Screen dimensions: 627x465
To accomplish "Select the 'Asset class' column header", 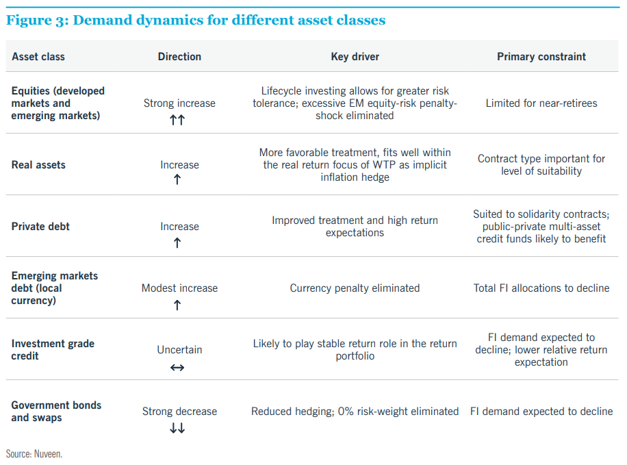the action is (38, 57).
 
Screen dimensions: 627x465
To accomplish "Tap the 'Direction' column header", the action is (179, 57).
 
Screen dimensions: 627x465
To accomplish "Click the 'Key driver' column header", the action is (355, 57).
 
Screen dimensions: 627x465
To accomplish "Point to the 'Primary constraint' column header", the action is (541, 57).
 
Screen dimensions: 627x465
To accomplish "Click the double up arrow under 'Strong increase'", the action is (177, 120).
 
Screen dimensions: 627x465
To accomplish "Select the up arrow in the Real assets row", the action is (177, 179).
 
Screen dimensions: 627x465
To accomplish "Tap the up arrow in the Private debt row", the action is (177, 242).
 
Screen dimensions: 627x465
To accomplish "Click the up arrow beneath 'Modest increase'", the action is (177, 305).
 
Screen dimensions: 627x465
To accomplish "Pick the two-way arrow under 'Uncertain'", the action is (177, 367).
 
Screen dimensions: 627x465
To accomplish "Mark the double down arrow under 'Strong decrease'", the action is (177, 429).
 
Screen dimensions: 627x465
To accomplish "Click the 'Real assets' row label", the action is (38, 165).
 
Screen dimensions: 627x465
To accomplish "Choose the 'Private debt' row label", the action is (40, 227).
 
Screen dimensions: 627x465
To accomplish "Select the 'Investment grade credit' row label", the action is (53, 350).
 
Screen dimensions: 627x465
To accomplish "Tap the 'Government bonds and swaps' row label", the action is (56, 412).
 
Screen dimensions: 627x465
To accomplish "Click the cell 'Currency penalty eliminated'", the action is (355, 288).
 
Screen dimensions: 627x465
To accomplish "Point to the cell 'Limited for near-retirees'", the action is (541, 103).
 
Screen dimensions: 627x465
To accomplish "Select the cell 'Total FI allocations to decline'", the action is (541, 288).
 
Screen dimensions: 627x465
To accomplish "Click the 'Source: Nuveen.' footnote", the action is (34, 454).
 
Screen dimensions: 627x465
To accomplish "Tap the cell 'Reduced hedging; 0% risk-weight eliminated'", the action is (355, 412).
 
